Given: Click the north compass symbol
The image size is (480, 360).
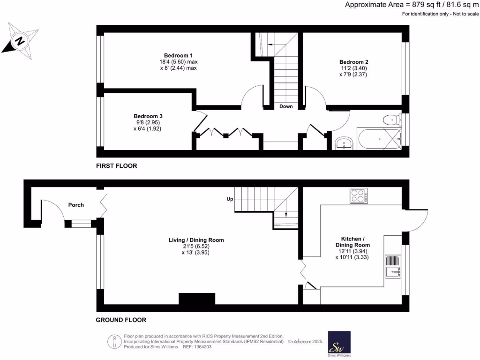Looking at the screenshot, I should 20,41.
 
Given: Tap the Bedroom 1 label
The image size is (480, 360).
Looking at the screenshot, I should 178,55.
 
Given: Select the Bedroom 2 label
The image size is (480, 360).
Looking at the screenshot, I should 353,62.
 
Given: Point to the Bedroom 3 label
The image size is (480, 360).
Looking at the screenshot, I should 148,116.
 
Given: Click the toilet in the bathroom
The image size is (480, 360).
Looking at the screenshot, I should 390,120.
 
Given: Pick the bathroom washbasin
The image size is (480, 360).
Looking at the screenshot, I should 345,143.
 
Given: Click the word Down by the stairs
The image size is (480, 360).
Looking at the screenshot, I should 286,106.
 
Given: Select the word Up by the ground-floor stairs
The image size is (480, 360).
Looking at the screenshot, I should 230,199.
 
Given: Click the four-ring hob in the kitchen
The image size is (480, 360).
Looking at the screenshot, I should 359,196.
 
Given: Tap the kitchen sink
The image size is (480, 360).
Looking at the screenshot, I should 392,267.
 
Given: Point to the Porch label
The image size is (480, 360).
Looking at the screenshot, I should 76,205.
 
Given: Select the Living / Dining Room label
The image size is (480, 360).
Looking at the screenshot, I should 196,240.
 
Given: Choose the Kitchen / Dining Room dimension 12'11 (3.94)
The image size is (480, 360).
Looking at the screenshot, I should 352,251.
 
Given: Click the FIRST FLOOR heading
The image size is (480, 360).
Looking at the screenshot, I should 116,165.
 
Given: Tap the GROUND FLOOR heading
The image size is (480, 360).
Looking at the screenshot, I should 121,320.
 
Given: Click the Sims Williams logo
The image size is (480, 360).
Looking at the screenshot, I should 339,344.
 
